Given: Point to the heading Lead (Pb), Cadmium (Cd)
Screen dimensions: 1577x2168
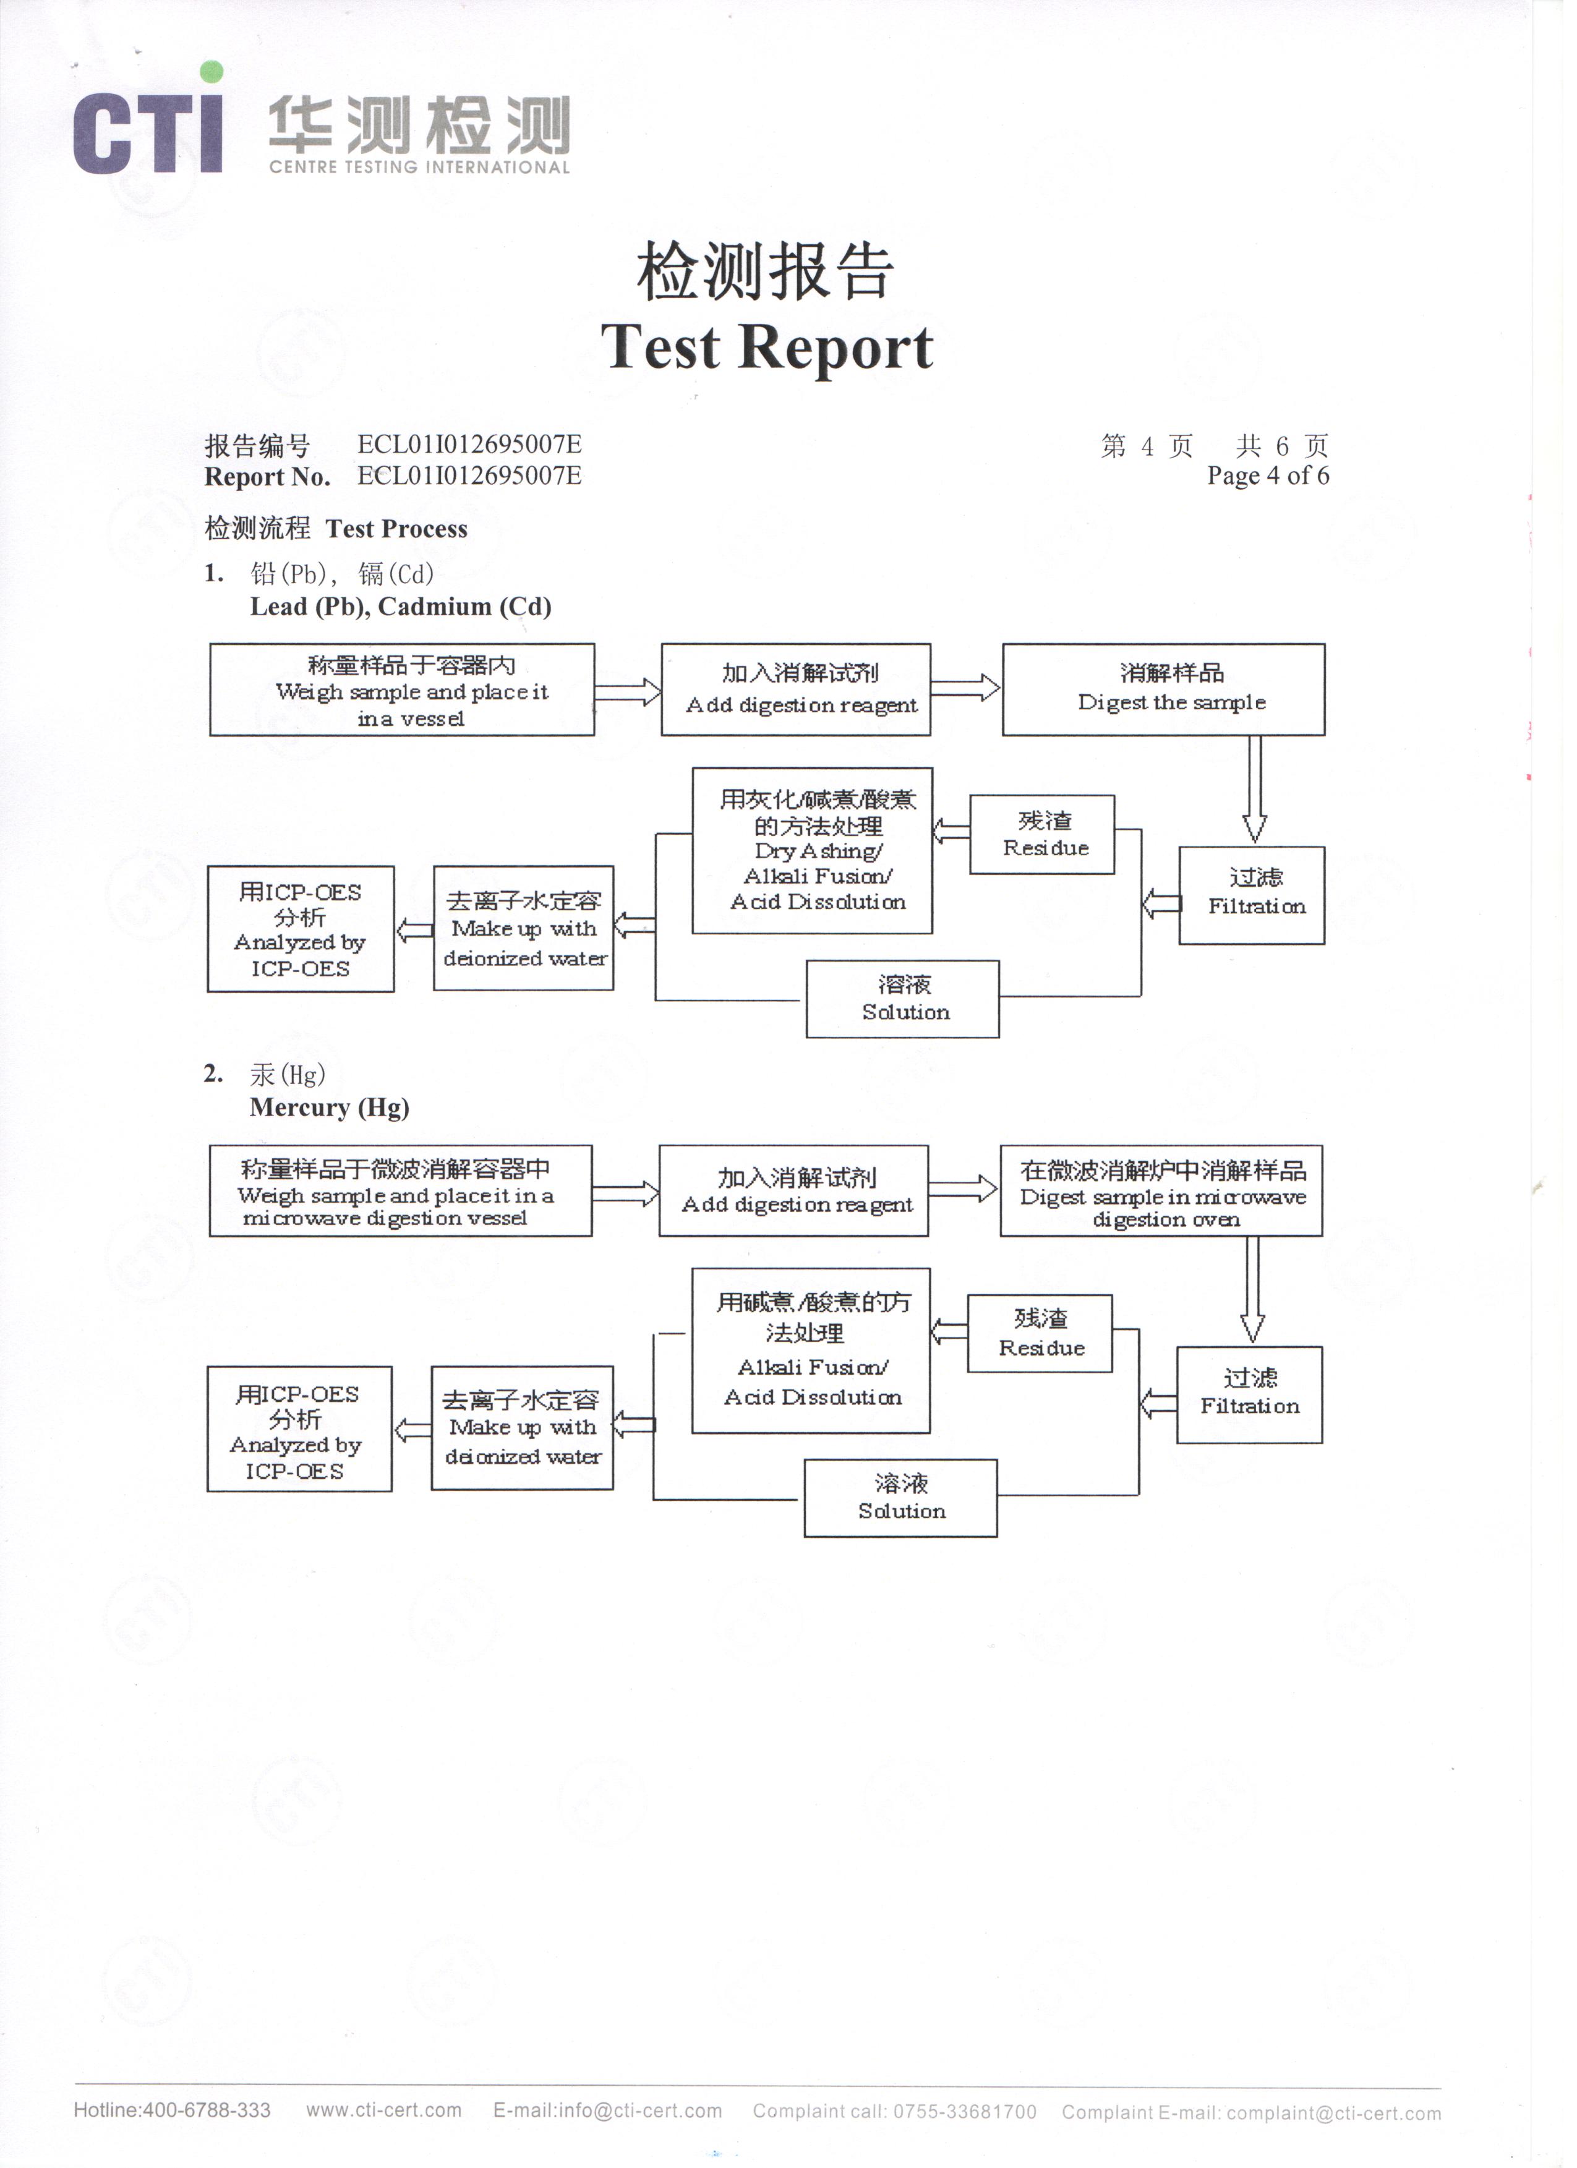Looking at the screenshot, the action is pos(403,611).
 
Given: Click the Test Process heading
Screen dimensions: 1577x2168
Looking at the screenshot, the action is pos(338,532).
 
